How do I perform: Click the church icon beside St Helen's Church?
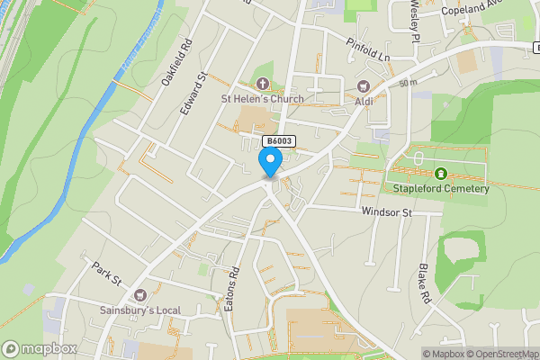tap(261, 84)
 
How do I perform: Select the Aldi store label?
tap(364, 101)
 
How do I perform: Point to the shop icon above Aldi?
tap(364, 86)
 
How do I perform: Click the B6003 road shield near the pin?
tap(278, 141)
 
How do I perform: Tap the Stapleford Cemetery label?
tap(441, 188)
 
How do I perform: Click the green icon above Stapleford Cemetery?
tap(441, 174)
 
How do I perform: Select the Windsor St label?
tap(386, 212)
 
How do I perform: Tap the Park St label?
tap(107, 272)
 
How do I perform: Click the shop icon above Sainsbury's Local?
tap(139, 296)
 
